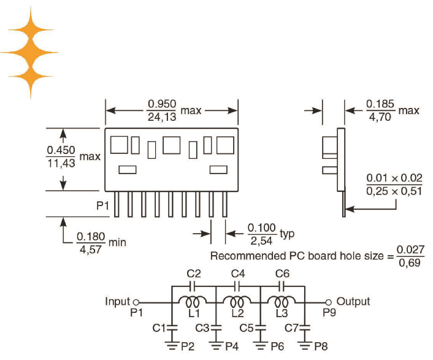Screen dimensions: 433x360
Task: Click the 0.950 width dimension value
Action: click(162, 104)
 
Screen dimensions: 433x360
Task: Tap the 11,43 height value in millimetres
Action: click(61, 163)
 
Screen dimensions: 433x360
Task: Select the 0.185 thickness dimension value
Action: click(380, 104)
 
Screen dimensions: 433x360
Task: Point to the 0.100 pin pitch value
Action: click(262, 228)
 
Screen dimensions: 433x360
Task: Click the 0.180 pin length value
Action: click(91, 237)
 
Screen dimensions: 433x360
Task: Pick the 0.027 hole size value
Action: click(410, 249)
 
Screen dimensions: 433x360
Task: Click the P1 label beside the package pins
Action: click(102, 205)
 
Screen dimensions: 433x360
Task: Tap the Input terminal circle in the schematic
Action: click(136, 302)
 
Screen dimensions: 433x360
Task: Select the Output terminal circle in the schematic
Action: click(328, 302)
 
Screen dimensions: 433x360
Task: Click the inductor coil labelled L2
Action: click(237, 302)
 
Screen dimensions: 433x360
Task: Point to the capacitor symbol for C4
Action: click(237, 286)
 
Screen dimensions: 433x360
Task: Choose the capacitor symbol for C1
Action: click(172, 328)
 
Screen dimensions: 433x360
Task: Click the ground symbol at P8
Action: click(305, 346)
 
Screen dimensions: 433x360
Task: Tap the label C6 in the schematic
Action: click(282, 274)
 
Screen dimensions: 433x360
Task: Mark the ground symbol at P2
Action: click(172, 346)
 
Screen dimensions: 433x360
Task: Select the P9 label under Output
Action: click(329, 313)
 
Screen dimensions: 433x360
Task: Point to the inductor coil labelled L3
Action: click(282, 302)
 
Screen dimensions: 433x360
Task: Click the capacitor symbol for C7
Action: click(305, 328)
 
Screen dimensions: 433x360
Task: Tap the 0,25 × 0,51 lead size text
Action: click(394, 191)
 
